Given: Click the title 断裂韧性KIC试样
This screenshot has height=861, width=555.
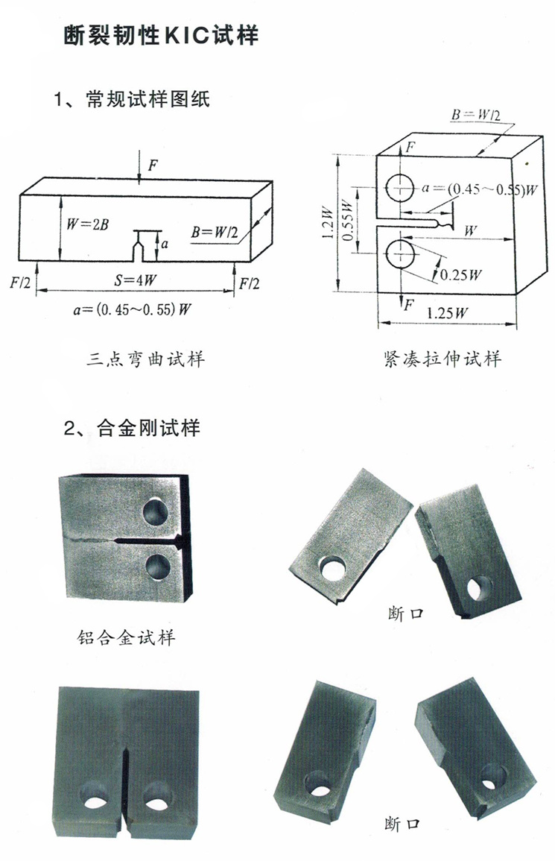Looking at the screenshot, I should [x=161, y=36].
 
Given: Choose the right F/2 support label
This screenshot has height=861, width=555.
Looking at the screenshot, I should [x=250, y=283].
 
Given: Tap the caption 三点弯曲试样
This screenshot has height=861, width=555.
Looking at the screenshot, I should [x=145, y=360].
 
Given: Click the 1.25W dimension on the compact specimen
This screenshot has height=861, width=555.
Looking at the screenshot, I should [x=447, y=313].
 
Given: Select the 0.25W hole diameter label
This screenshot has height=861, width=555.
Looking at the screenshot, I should [x=459, y=274].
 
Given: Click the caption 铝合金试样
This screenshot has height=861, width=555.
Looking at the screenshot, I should [x=126, y=637].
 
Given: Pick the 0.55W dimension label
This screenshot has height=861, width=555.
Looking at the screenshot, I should [x=347, y=221].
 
